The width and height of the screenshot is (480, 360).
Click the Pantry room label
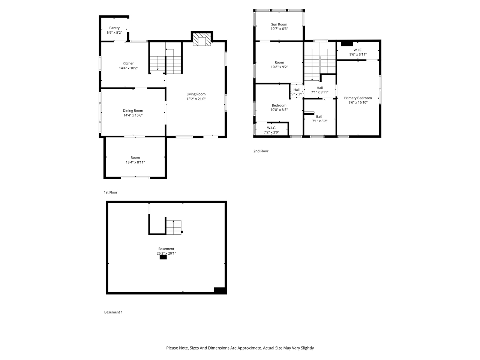point(114,28)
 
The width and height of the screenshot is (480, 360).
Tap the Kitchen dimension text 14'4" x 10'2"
point(129,68)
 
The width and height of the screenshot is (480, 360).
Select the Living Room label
point(196,94)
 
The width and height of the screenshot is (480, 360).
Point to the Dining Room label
point(133,111)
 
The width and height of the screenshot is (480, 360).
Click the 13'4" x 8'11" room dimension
point(135,162)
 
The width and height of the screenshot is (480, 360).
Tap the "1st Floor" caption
point(111,192)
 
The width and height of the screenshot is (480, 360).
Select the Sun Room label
point(279,24)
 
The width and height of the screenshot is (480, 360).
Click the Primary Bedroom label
point(358,98)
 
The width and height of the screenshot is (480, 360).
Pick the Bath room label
point(319,117)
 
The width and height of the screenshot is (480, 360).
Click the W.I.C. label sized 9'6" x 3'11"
point(358,50)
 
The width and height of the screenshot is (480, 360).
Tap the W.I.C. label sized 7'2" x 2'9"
point(271,128)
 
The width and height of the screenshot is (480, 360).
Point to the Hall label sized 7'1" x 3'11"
point(319,88)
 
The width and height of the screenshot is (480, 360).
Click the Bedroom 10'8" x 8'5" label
point(279,105)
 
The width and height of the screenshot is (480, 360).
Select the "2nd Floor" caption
point(261,151)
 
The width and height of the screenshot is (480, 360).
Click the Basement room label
point(166,249)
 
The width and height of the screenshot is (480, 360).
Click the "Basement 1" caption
point(113,312)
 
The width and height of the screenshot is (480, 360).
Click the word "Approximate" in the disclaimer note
point(247,348)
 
